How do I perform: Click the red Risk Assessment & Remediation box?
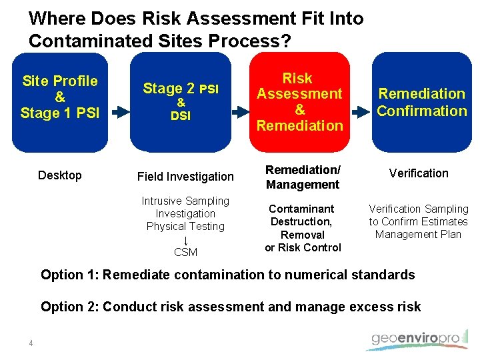(299, 101)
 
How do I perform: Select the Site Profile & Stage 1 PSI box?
(59, 101)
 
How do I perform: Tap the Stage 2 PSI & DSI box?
(181, 101)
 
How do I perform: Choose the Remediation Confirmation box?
(421, 101)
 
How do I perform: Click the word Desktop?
(60, 175)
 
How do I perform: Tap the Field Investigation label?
(185, 177)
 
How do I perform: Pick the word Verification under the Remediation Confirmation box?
(419, 173)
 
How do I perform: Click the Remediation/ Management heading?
(303, 177)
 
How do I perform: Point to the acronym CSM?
(185, 252)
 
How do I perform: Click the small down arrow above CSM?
(185, 239)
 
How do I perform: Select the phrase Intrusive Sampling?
(185, 201)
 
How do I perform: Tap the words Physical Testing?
(185, 226)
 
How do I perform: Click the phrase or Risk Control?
(303, 247)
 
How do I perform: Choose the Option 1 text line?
(228, 275)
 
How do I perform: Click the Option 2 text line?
(231, 307)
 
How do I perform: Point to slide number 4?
(31, 343)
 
